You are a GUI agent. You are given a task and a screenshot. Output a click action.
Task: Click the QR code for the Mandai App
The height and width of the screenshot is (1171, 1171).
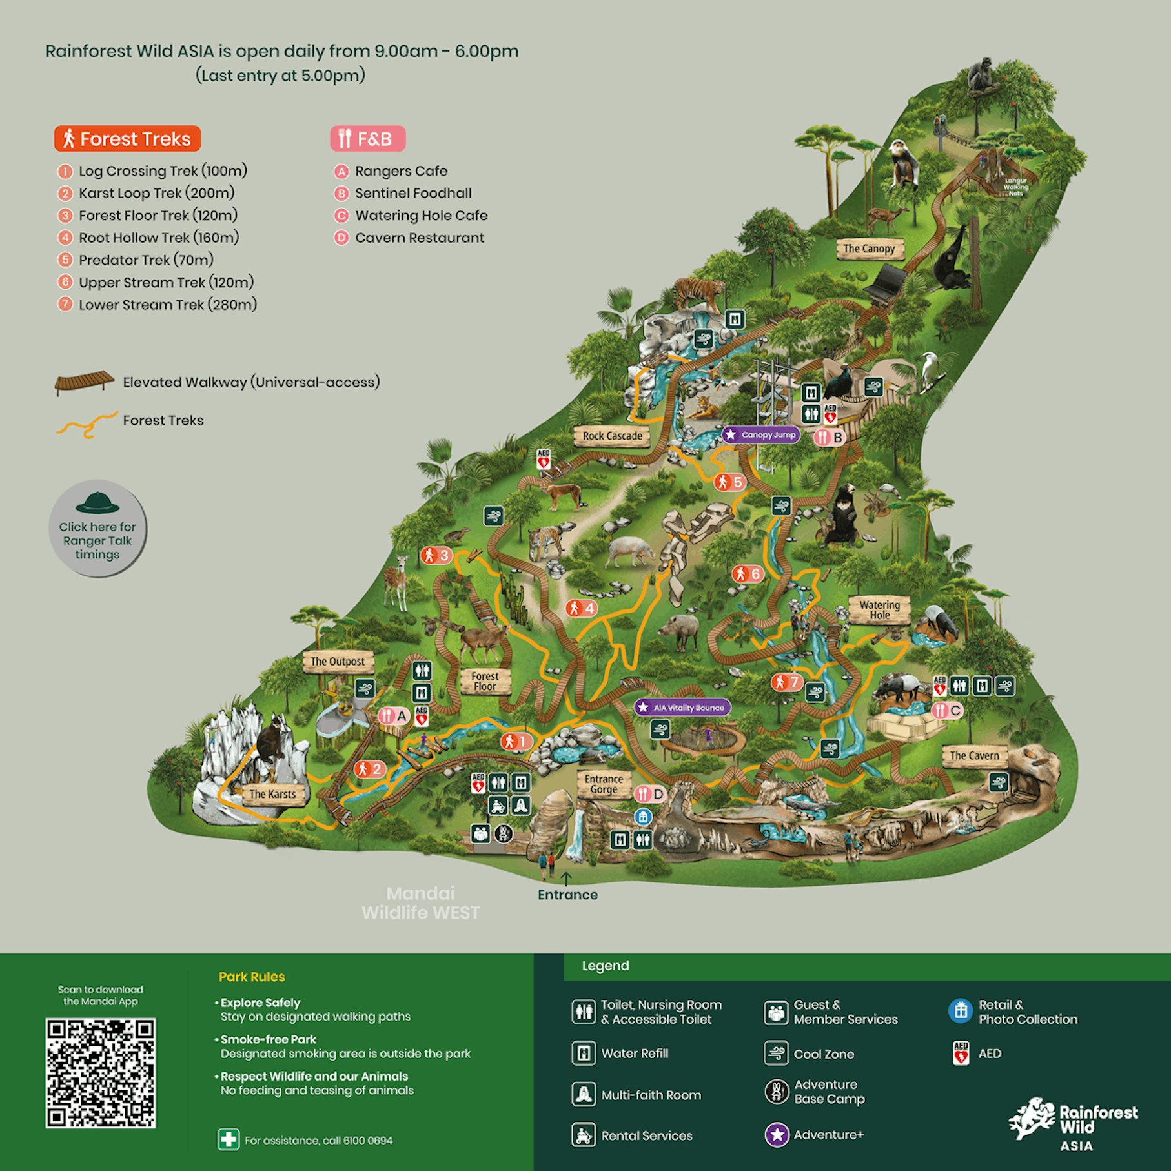pyautogui.click(x=100, y=1073)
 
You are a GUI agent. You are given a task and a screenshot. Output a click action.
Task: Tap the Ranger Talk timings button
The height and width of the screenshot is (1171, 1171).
pyautogui.click(x=97, y=529)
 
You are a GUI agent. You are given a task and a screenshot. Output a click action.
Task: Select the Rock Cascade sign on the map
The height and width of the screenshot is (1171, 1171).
pyautogui.click(x=612, y=436)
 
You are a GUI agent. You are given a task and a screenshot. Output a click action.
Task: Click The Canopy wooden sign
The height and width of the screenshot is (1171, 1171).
pyautogui.click(x=869, y=249)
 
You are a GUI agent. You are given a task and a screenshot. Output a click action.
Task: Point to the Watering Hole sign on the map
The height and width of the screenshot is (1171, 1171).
pyautogui.click(x=879, y=609)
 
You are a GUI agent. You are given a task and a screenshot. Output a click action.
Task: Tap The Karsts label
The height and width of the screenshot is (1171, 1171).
pyautogui.click(x=272, y=794)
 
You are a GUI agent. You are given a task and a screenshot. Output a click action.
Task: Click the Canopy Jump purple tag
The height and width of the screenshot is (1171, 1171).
pyautogui.click(x=761, y=435)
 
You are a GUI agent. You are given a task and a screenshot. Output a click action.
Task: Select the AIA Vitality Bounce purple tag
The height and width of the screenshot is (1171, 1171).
pyautogui.click(x=682, y=708)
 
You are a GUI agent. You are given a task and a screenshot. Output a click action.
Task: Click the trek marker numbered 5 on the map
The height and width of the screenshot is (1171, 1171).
pyautogui.click(x=730, y=482)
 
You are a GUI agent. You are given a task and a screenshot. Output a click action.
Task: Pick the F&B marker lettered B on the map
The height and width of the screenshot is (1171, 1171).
pyautogui.click(x=830, y=438)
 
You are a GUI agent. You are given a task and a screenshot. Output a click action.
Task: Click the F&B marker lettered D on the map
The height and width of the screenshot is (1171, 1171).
pyautogui.click(x=650, y=794)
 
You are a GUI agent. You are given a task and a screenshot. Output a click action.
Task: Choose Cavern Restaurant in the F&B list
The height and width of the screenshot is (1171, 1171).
pyautogui.click(x=419, y=238)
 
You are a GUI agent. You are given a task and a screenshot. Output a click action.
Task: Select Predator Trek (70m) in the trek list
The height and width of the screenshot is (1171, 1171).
pyautogui.click(x=146, y=260)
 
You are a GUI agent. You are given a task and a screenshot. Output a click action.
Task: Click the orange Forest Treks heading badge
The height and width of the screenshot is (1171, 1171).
pyautogui.click(x=127, y=139)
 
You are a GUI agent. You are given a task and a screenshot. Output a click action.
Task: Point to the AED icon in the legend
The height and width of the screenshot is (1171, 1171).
pyautogui.click(x=961, y=1054)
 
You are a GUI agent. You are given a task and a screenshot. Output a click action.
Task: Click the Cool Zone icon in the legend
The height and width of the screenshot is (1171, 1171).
pyautogui.click(x=776, y=1054)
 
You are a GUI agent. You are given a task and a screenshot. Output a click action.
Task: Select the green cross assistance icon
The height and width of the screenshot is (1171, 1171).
pyautogui.click(x=229, y=1140)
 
